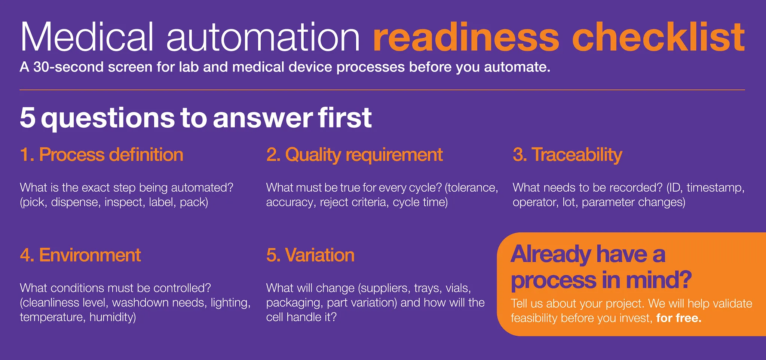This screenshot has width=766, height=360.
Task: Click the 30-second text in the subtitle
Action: [x=68, y=67]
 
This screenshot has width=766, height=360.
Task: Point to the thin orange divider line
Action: [x=382, y=90]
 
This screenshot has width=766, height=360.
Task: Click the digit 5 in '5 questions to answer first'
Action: [x=28, y=118]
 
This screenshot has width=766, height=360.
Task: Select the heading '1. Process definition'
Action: [x=102, y=155]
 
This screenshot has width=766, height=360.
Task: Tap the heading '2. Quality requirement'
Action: [x=354, y=155]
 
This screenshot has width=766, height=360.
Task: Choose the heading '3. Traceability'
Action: [x=567, y=155]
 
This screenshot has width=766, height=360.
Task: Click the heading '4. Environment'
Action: [x=80, y=255]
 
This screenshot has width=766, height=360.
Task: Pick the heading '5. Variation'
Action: [x=310, y=255]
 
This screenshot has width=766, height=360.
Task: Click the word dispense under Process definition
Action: [x=76, y=202]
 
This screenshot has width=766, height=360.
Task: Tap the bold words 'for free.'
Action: [x=679, y=318]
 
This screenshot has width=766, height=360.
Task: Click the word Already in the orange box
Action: [x=551, y=254]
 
